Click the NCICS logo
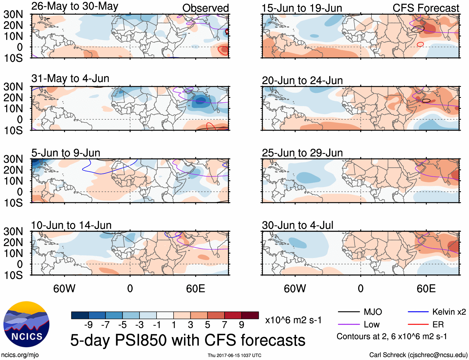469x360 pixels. click(x=26, y=324)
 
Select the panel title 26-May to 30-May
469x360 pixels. click(x=75, y=6)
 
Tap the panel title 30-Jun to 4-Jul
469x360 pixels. click(x=297, y=225)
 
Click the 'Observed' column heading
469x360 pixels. click(x=205, y=8)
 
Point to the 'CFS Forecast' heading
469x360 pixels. click(x=426, y=8)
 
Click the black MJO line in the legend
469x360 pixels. click(x=348, y=312)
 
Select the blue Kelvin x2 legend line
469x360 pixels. click(x=418, y=312)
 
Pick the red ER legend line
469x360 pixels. click(x=418, y=325)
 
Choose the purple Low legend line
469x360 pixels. click(x=348, y=325)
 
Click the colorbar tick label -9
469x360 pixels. click(x=88, y=325)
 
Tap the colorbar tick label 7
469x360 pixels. click(x=224, y=325)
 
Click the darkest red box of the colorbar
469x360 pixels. click(x=250, y=315)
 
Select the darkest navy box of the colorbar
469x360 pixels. click(x=80, y=315)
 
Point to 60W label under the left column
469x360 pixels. click(x=64, y=288)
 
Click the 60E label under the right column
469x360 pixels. click(x=426, y=288)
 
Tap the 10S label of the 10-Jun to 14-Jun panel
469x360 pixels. click(x=13, y=275)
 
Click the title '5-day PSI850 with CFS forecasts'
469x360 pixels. click(x=188, y=340)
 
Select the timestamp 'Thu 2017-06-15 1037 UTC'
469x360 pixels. click(x=234, y=355)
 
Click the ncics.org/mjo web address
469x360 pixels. click(x=20, y=355)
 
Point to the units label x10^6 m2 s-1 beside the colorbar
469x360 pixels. click(x=293, y=320)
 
